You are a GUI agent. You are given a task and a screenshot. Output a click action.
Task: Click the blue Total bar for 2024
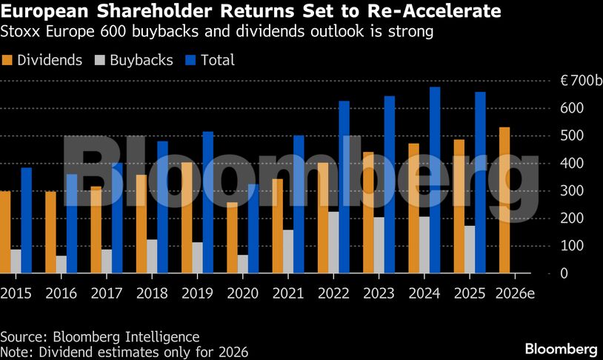coord(435,181)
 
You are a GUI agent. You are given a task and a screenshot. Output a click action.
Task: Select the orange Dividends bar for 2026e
coord(504,201)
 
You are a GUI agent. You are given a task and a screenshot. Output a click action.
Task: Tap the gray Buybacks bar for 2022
coord(333,243)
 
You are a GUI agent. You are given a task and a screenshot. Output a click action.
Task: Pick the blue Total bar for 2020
coord(253,230)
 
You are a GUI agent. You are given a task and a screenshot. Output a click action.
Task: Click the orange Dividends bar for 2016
coord(50,233)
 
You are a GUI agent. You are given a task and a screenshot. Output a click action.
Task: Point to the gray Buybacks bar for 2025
coord(469,250)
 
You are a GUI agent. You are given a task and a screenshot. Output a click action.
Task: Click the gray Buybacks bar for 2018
coord(152,256)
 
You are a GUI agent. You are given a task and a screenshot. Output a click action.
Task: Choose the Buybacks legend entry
coord(134,61)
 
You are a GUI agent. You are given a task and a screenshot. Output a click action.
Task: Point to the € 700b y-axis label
coord(572,81)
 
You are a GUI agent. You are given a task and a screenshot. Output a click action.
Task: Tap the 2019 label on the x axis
coord(198,293)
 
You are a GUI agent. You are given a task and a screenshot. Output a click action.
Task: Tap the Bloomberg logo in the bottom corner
coord(561,349)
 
